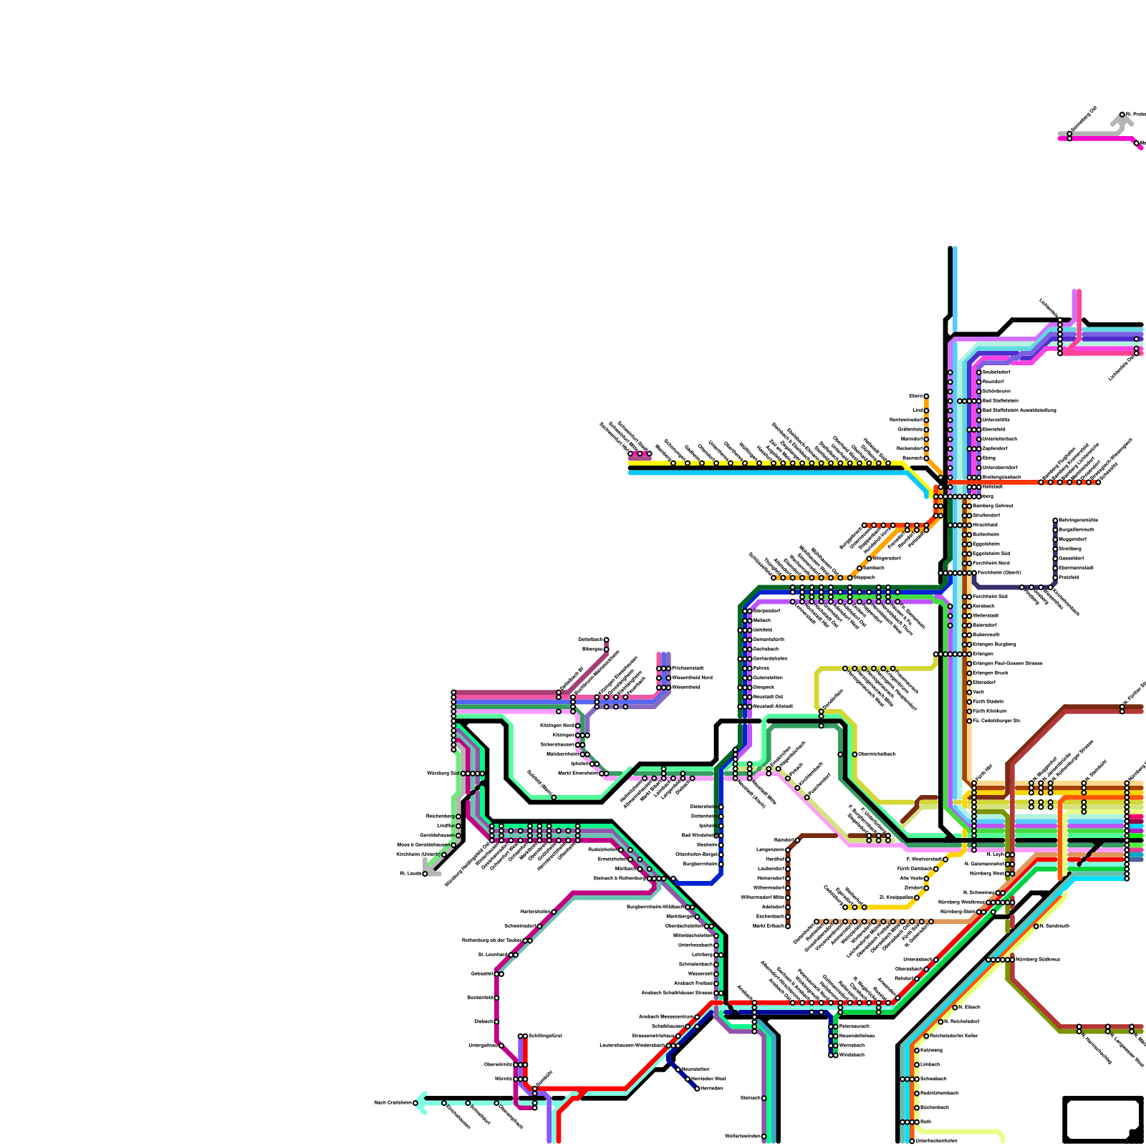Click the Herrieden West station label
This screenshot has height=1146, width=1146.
pyautogui.click(x=709, y=1079)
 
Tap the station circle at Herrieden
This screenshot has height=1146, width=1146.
pyautogui.click(x=697, y=1089)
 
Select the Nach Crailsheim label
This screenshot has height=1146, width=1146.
pyautogui.click(x=393, y=1103)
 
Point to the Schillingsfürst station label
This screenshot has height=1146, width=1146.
pyautogui.click(x=545, y=1036)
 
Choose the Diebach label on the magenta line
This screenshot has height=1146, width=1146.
pyautogui.click(x=483, y=1021)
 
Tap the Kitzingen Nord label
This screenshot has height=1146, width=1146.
pyautogui.click(x=557, y=726)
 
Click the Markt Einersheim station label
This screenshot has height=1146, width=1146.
pyautogui.click(x=577, y=774)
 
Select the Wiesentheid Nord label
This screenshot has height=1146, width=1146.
pyautogui.click(x=692, y=678)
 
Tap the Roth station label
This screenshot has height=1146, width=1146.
pyautogui.click(x=925, y=1122)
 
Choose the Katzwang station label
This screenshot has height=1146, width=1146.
pyautogui.click(x=931, y=1050)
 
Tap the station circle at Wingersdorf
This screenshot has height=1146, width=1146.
pyautogui.click(x=869, y=559)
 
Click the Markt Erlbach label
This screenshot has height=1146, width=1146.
pyautogui.click(x=769, y=925)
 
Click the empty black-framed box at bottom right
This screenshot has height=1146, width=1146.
pyautogui.click(x=1102, y=1119)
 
